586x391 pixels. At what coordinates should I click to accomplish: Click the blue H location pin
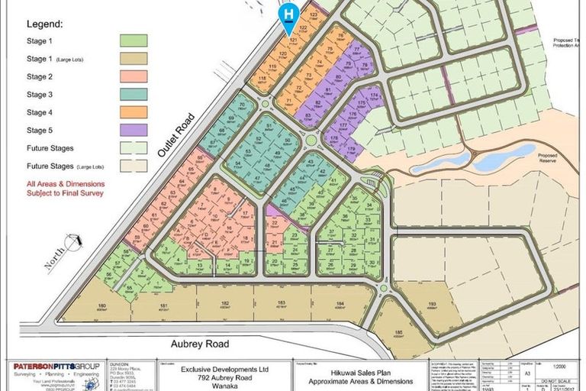288,15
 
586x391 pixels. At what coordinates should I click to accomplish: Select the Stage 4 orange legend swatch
134,111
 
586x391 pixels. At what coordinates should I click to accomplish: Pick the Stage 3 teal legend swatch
134,94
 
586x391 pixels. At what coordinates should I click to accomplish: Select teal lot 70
242,106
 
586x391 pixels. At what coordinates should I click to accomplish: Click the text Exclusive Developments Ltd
216,367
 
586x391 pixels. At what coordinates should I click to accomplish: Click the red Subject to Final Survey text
65,193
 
